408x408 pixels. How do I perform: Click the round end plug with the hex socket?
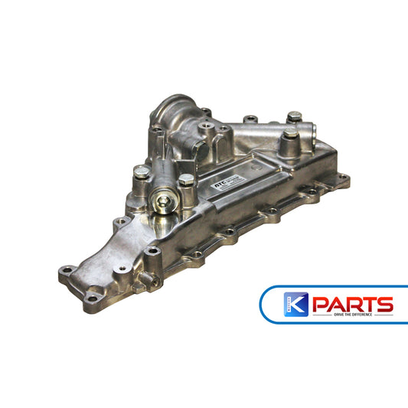click(165, 203)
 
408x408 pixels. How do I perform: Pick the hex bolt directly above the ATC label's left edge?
click(186, 181)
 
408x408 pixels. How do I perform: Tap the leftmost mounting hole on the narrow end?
click(66, 271)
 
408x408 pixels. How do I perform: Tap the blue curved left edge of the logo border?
click(264, 303)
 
